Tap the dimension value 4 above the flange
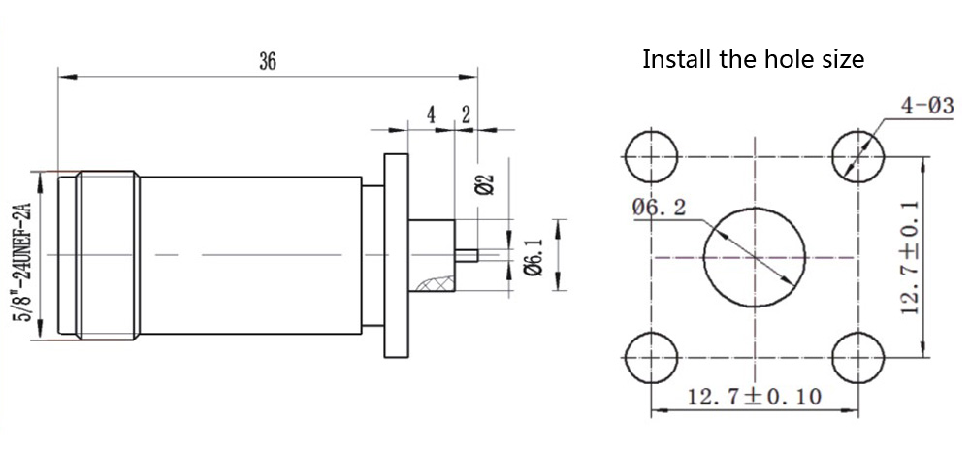point(431,114)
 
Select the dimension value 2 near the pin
point(466,114)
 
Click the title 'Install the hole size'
point(753,59)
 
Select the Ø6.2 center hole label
point(661,207)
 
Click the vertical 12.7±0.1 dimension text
point(909,257)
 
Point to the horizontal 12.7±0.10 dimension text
point(754,396)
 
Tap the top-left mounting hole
point(649,156)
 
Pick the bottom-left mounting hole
point(649,357)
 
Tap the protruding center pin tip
point(471,257)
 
